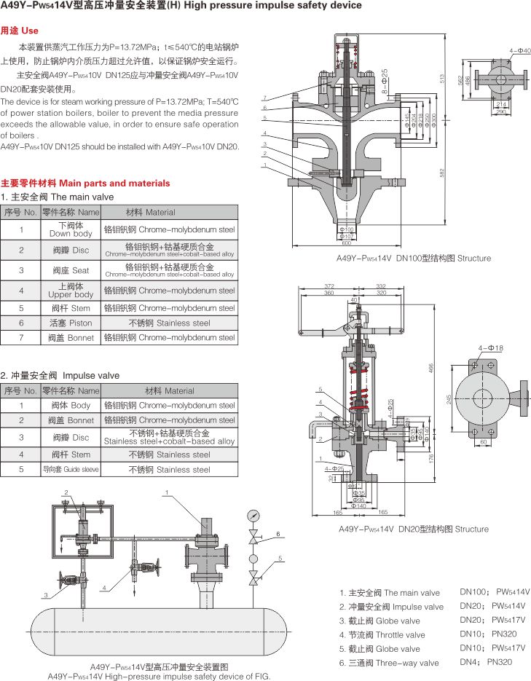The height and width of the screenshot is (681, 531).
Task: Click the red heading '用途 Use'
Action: [x=20, y=31]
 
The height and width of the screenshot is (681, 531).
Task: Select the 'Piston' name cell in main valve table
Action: [x=71, y=323]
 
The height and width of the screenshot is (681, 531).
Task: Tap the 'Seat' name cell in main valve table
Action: [x=71, y=270]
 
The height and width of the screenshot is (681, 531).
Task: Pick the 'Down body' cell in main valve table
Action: [x=71, y=230]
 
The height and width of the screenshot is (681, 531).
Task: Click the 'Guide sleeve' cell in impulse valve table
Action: [x=71, y=470]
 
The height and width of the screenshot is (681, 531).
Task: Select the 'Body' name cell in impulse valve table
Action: [x=71, y=405]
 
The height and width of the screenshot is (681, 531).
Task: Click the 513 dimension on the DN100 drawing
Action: [x=442, y=78]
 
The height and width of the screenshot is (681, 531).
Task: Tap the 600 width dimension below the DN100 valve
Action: [x=346, y=243]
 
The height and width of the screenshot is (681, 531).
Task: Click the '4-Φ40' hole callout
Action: [x=520, y=50]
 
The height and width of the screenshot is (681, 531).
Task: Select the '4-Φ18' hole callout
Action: [x=491, y=348]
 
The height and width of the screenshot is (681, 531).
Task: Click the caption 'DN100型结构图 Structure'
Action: [x=413, y=258]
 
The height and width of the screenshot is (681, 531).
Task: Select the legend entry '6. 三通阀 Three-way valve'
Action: [x=389, y=663]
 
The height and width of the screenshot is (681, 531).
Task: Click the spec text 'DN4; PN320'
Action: [x=486, y=661]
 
